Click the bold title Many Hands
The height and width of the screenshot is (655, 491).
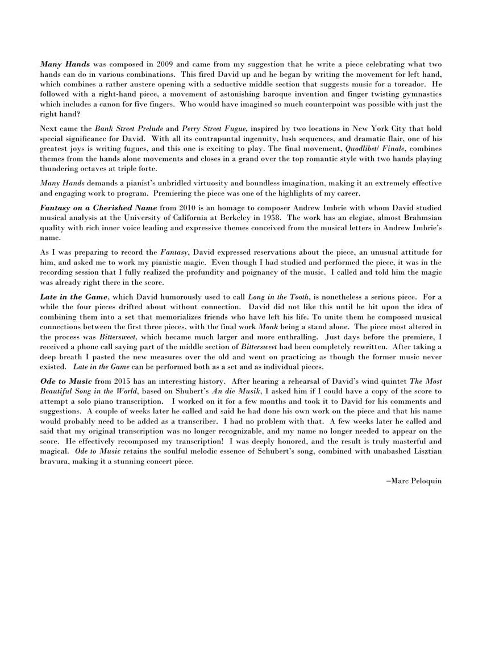coord(65,65)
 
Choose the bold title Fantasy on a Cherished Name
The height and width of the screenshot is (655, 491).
coord(98,209)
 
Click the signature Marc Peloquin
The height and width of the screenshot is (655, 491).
coord(414,481)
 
